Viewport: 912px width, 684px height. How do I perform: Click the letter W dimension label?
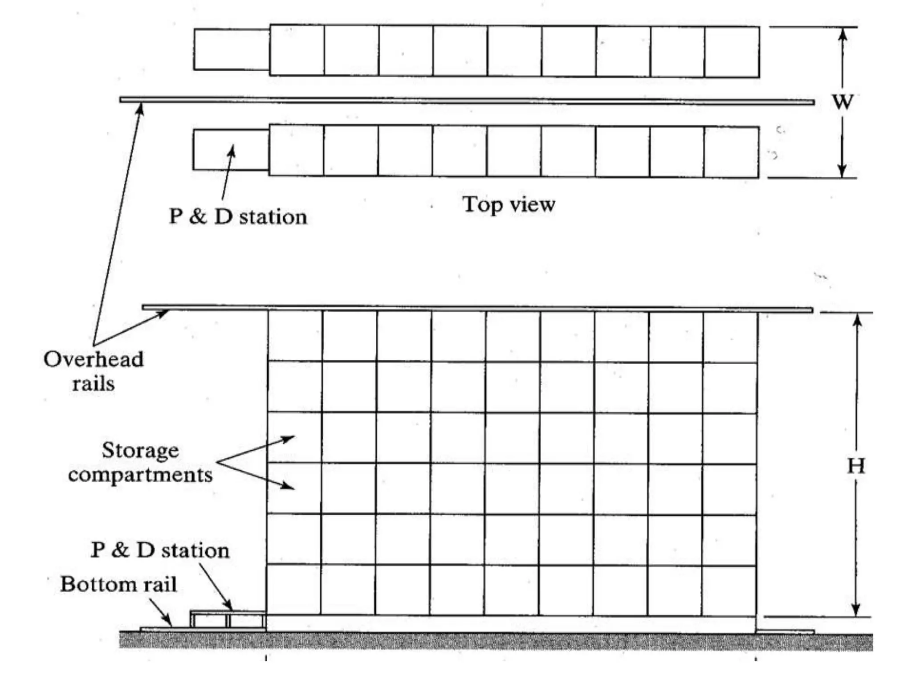(x=843, y=102)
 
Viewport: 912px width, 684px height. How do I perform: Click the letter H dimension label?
(x=856, y=466)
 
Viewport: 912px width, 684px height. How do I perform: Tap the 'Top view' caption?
(x=509, y=205)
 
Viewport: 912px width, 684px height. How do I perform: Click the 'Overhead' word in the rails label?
(x=94, y=359)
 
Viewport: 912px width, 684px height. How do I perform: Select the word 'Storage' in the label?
(x=140, y=450)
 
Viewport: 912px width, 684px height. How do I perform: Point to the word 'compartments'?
(x=140, y=475)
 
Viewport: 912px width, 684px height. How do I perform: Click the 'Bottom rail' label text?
(x=118, y=584)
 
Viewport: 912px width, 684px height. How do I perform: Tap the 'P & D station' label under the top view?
(x=238, y=217)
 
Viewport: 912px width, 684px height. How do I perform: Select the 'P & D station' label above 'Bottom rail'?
(x=160, y=550)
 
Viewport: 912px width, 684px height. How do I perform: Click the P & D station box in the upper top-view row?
(x=232, y=49)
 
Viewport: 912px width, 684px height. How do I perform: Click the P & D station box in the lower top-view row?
(x=231, y=150)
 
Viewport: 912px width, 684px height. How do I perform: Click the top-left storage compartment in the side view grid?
(x=295, y=336)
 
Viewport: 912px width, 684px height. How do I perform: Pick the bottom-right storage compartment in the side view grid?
(x=729, y=591)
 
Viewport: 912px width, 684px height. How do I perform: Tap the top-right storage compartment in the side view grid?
(x=730, y=337)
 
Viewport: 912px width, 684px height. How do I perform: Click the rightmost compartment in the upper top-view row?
(x=732, y=52)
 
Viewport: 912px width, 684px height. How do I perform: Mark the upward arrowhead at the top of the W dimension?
(x=842, y=34)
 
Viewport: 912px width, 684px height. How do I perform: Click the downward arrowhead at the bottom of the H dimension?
(x=855, y=611)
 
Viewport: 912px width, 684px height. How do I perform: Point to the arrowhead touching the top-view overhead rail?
(x=140, y=108)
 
